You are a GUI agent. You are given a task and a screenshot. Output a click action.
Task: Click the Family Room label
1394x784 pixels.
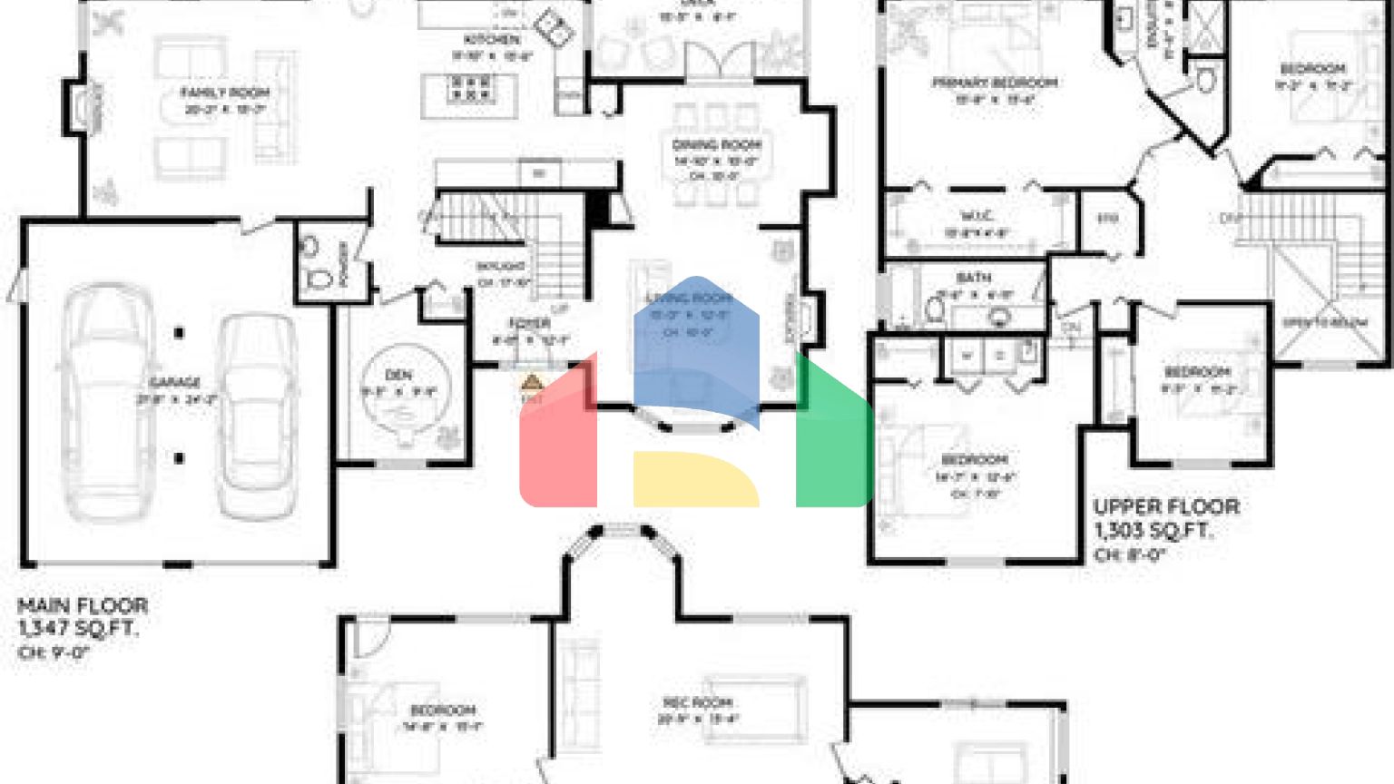point(224,93)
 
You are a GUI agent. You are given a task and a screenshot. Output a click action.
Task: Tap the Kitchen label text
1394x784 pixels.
point(492,40)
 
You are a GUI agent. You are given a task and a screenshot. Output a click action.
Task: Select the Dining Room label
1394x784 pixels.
point(716,144)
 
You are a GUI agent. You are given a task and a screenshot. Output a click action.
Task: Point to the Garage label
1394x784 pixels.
point(175,382)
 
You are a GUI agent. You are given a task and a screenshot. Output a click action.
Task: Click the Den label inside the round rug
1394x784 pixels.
point(398,375)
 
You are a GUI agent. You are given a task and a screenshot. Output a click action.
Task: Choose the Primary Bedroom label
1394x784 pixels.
point(995,83)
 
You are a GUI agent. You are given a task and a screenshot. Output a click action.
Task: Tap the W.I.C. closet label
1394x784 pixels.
point(977,216)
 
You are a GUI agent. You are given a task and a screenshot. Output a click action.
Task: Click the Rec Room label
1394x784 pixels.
point(697,702)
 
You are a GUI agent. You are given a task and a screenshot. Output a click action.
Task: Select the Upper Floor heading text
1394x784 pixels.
point(1166,506)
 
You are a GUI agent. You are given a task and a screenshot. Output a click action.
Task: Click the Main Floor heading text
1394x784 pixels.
point(83,605)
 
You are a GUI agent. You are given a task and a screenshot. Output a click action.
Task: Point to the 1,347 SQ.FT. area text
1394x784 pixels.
point(78,628)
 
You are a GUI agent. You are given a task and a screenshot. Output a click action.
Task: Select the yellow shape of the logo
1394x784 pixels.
point(694,479)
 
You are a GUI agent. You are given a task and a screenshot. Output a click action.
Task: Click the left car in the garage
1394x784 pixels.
point(105,399)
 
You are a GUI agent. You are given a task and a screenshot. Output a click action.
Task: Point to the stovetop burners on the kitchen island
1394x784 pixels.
point(470,88)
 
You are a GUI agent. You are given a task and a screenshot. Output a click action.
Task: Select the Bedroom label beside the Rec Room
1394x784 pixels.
point(443,710)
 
